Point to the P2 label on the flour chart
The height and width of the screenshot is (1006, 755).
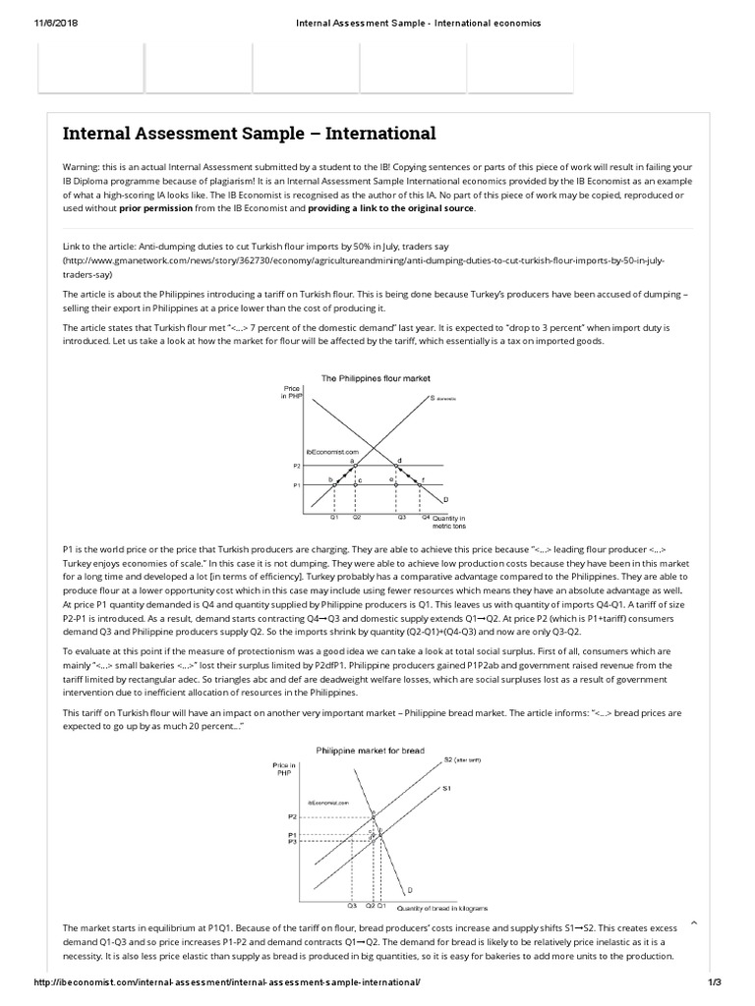tap(296, 467)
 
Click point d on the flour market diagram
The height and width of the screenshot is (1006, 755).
tap(398, 460)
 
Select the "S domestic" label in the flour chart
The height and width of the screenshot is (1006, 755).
tap(444, 399)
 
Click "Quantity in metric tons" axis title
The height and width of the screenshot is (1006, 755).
tap(448, 521)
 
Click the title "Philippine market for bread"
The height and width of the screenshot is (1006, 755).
tap(370, 749)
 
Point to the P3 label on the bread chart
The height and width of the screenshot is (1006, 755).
tap(292, 842)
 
